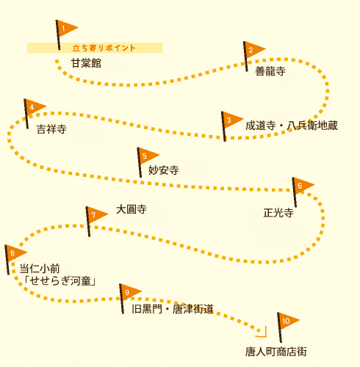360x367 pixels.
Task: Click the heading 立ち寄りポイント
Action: pos(104,48)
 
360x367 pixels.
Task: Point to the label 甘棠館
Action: pos(86,63)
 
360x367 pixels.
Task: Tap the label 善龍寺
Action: pos(270,71)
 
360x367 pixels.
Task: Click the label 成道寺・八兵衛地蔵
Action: pos(292,126)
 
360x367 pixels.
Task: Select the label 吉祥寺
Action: pos(51,129)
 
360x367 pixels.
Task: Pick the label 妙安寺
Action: pos(164,170)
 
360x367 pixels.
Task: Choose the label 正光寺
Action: pos(278,213)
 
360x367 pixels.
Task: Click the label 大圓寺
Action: pos(132,209)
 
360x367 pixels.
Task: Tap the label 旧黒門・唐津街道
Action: pos(173,309)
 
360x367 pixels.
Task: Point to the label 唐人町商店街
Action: pos(276,352)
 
